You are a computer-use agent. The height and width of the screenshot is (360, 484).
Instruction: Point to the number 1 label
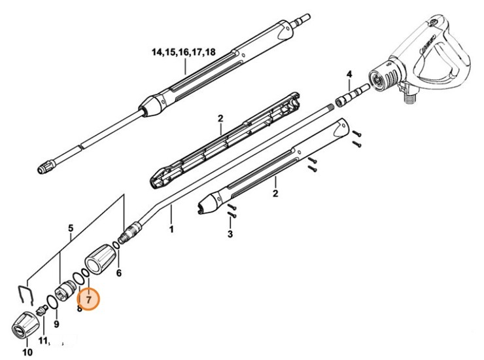171,229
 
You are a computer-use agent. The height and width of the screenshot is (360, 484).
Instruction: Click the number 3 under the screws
230,234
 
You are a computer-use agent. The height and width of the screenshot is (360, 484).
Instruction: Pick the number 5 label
71,228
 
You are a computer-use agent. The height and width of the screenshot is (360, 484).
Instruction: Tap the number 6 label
118,273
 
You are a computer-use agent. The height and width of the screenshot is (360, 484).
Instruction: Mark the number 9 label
56,323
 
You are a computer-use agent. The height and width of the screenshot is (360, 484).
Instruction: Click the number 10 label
27,352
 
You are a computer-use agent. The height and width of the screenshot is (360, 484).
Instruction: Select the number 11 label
43,341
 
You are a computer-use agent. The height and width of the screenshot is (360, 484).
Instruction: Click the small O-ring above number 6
115,245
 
